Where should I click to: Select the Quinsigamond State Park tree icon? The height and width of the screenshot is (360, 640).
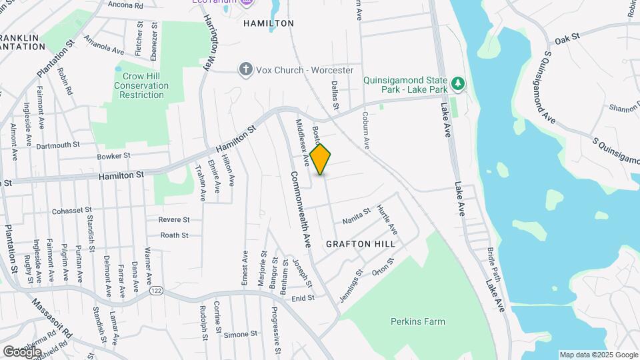(x=457, y=83)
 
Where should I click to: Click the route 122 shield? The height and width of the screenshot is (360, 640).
(x=157, y=291)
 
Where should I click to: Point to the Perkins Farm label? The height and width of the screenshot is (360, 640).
(x=418, y=321)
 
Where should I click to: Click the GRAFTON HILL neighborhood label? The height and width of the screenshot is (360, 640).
(x=361, y=244)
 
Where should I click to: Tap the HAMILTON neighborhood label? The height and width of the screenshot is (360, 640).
(x=269, y=23)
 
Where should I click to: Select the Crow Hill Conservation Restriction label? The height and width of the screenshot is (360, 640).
(x=141, y=86)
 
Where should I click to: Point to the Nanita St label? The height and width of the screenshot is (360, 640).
(x=357, y=217)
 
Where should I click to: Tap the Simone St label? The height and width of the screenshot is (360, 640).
(x=240, y=334)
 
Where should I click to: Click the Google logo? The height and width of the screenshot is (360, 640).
(x=22, y=351)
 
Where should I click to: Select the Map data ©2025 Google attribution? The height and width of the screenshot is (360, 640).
(x=599, y=355)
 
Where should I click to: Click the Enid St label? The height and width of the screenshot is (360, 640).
(x=303, y=299)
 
